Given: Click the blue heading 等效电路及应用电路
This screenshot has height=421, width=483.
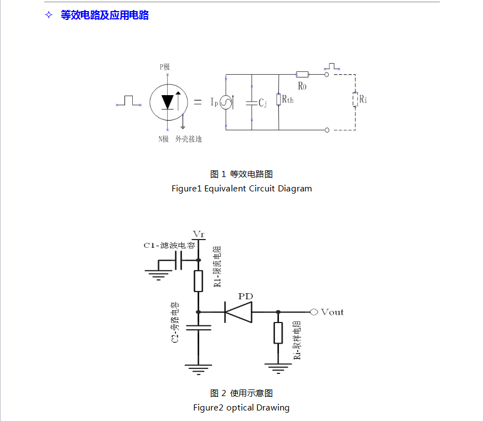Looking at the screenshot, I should click(x=105, y=15).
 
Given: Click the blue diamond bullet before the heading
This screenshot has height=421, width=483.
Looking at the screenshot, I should click(x=49, y=15).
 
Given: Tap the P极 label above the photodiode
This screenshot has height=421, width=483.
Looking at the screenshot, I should click(x=165, y=66).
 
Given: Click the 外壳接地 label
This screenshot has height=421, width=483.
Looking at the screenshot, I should click(x=189, y=139).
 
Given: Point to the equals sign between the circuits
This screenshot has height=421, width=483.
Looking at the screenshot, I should click(x=198, y=102).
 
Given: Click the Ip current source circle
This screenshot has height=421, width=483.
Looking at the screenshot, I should click(x=226, y=102).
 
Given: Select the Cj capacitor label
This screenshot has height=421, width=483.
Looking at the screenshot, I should click(x=263, y=103).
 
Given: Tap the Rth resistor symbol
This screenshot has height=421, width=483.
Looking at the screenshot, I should click(x=278, y=100).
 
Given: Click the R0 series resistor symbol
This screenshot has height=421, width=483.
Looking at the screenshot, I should click(x=302, y=74).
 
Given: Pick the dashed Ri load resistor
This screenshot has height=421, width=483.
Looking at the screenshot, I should click(x=355, y=100).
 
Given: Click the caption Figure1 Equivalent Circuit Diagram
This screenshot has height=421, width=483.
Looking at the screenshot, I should click(x=242, y=189).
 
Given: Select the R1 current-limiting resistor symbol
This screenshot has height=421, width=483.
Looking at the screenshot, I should click(x=198, y=280).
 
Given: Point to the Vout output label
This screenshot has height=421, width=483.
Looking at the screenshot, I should click(x=332, y=312).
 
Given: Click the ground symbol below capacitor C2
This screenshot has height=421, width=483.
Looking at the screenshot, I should click(x=198, y=368).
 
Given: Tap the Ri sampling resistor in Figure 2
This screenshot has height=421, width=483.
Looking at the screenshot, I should click(x=278, y=333).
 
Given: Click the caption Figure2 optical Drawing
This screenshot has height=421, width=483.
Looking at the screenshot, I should click(x=241, y=408).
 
